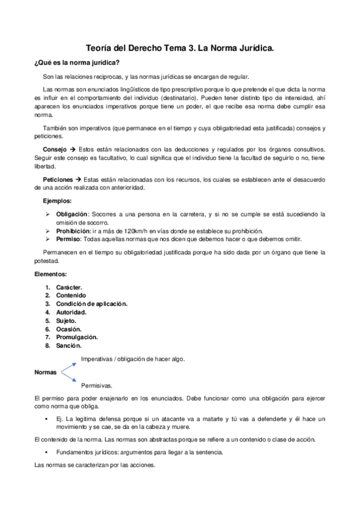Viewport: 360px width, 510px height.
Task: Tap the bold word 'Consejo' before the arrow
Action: tap(55, 149)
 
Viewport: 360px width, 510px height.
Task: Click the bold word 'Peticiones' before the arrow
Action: tap(58, 179)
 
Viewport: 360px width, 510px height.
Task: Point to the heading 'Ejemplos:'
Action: tap(57, 200)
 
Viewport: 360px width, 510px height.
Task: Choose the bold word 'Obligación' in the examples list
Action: tap(72, 214)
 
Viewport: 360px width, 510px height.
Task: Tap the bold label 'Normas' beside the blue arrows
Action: tap(46, 372)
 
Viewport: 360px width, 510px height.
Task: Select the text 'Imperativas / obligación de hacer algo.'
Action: tap(132, 359)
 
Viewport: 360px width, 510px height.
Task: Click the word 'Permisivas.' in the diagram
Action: tap(97, 385)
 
